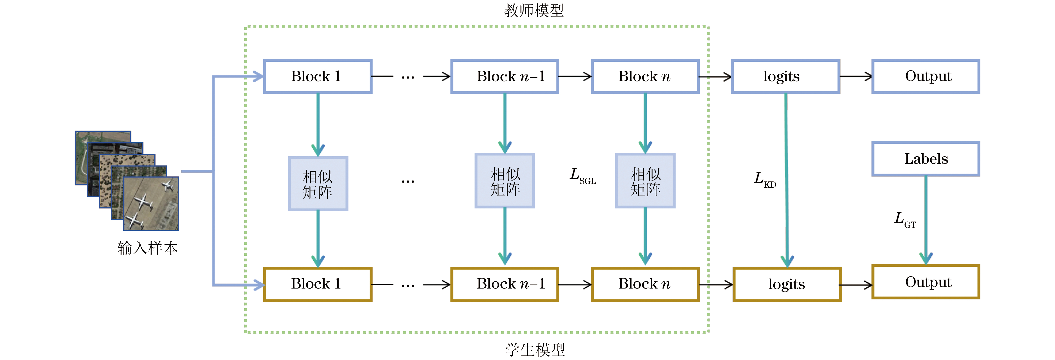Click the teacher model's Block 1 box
click(317, 76)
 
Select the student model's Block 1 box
click(317, 284)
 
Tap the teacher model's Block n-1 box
click(505, 76)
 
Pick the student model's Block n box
click(645, 284)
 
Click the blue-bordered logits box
click(785, 76)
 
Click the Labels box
click(925, 159)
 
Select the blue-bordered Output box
click(925, 76)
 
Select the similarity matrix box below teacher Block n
click(645, 181)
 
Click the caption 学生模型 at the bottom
click(535, 349)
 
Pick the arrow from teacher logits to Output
click(856, 76)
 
